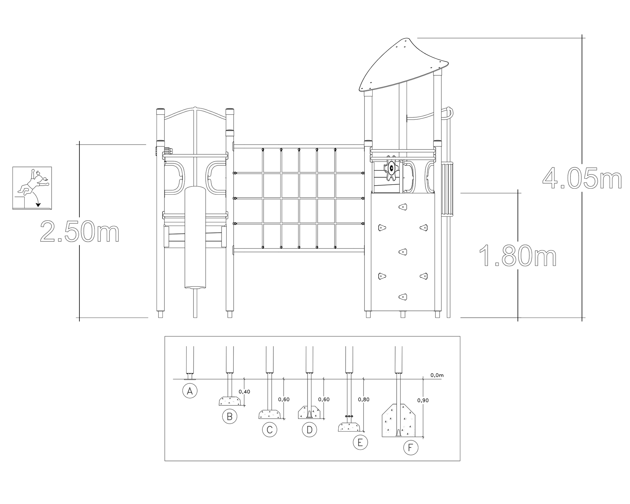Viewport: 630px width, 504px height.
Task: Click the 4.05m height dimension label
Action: click(x=582, y=178)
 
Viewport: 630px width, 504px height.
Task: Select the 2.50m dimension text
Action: click(x=80, y=232)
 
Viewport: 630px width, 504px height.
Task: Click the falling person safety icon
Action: click(x=32, y=188)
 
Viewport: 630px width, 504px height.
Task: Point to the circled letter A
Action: click(x=190, y=391)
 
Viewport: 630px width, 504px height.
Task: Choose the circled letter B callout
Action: click(x=230, y=416)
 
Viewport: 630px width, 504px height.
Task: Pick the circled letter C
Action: click(x=270, y=429)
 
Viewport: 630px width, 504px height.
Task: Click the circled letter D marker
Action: click(x=309, y=429)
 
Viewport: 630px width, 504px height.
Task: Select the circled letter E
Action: click(x=360, y=442)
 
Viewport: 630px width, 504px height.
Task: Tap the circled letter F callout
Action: click(x=411, y=448)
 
